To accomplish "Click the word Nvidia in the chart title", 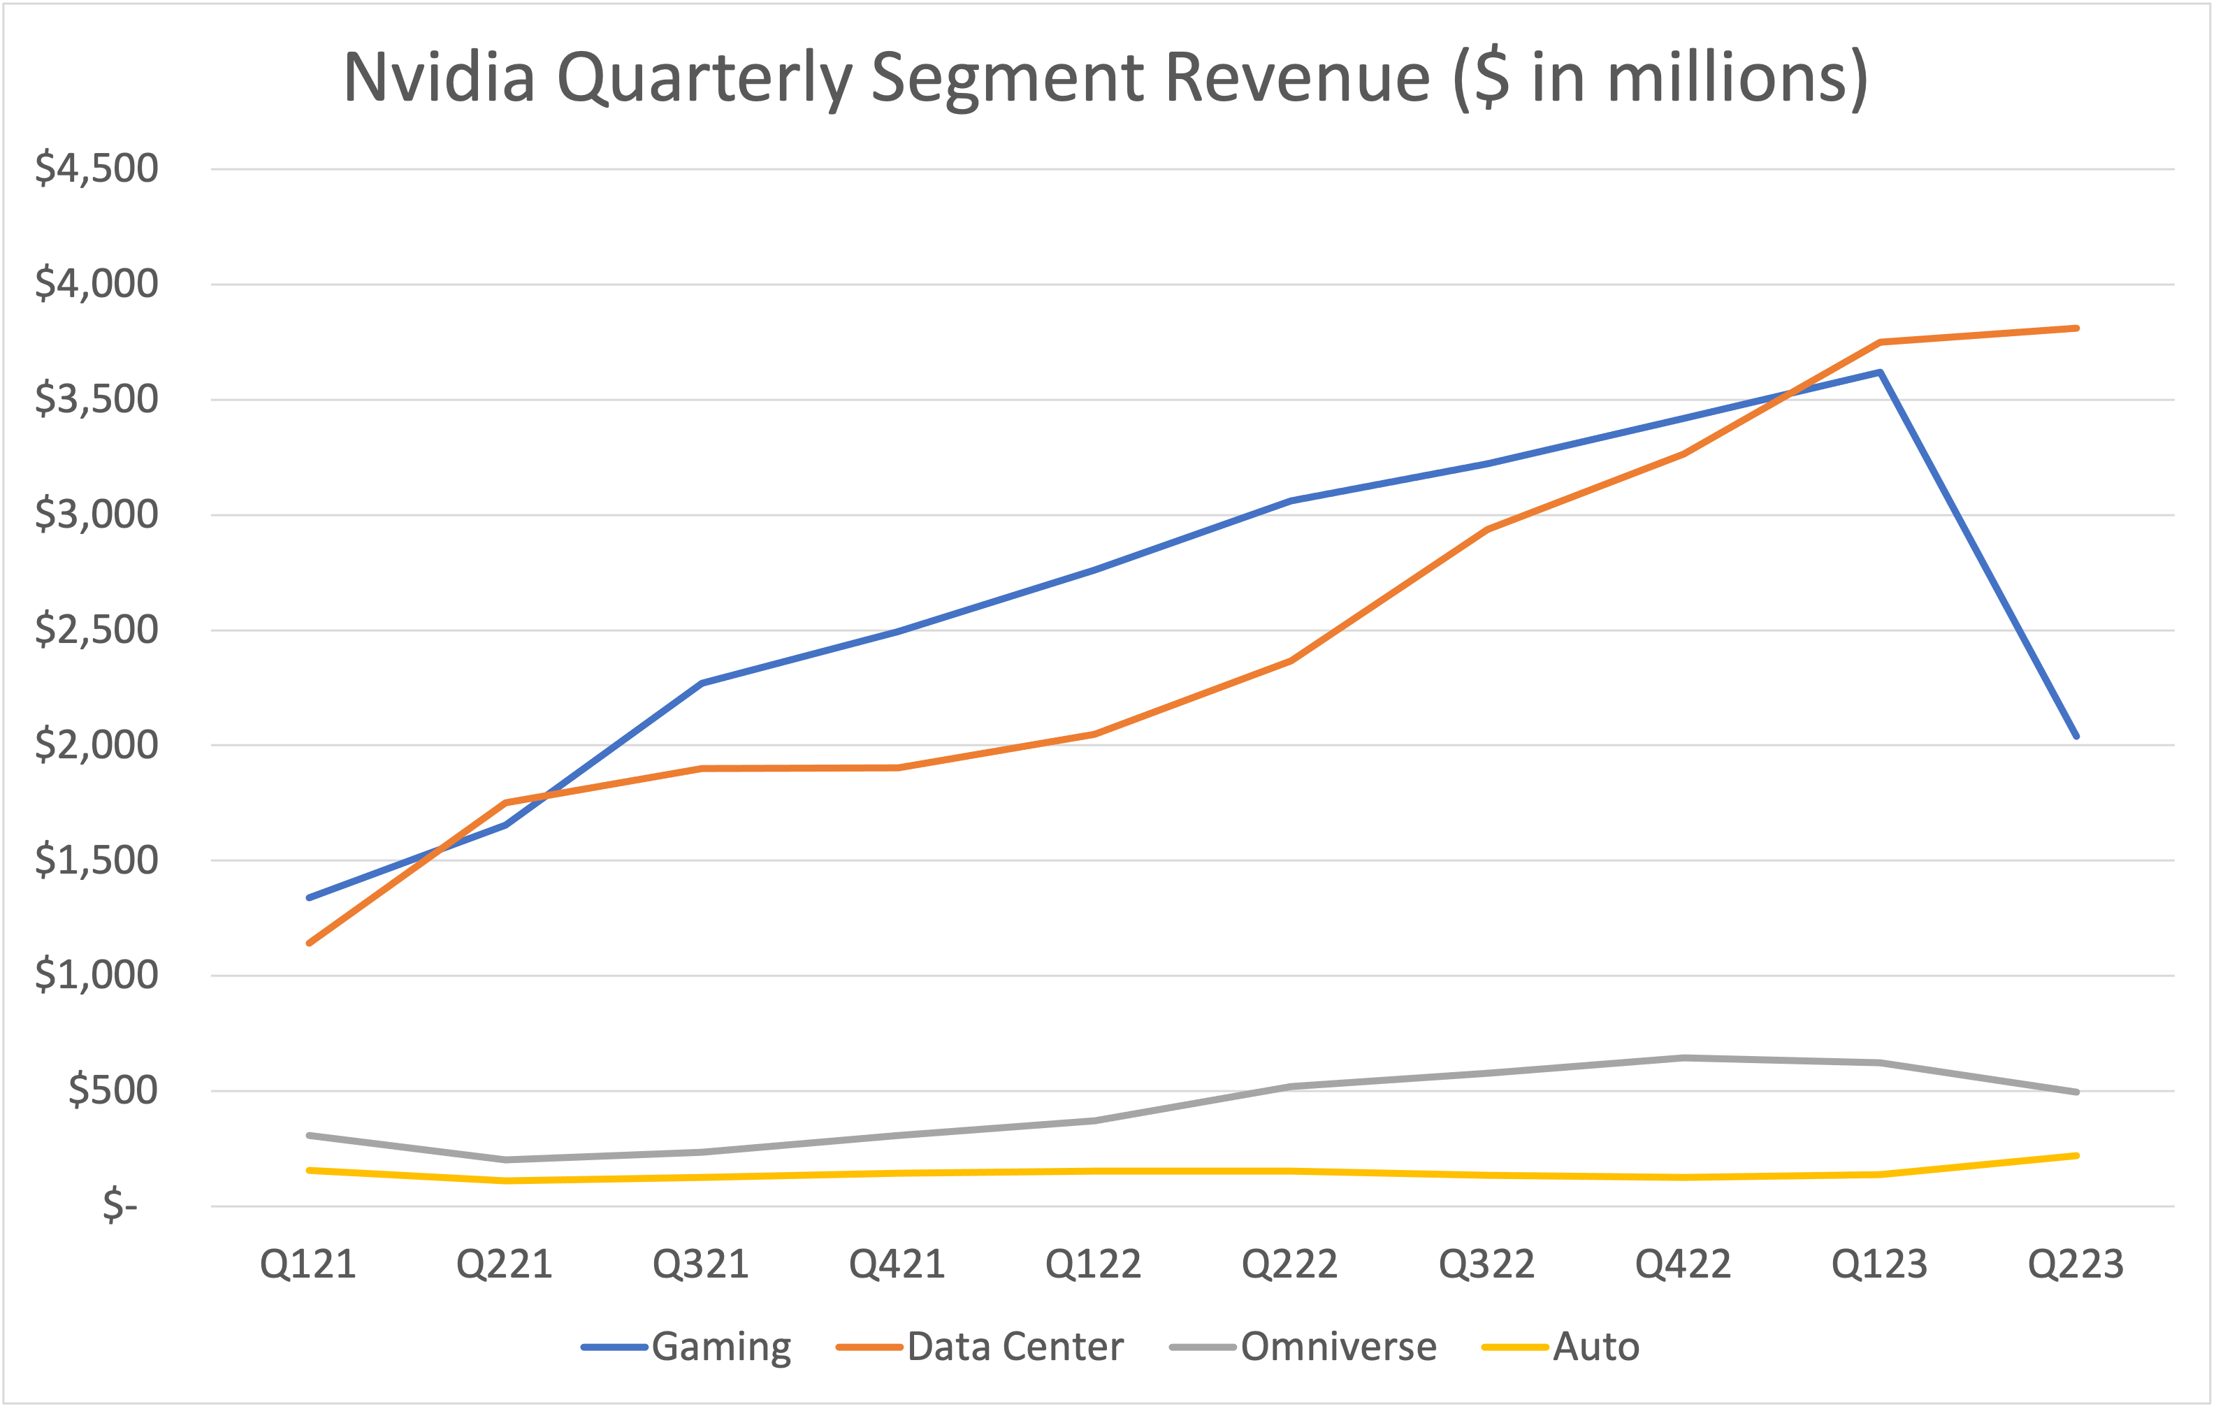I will [x=439, y=78].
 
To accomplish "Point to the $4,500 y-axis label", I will [x=96, y=168].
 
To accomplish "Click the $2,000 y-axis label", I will [x=96, y=744].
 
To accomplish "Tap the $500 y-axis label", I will [x=113, y=1090].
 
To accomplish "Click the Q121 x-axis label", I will [x=308, y=1264].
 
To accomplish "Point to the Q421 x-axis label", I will [x=897, y=1264].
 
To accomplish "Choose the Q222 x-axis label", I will [x=1289, y=1264].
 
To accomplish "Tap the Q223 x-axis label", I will [x=2076, y=1264].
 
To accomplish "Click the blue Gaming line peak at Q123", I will [x=1879, y=373].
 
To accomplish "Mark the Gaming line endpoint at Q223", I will [x=2076, y=736].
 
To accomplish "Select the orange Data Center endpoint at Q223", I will [x=2076, y=328].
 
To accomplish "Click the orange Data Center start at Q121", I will [x=309, y=942].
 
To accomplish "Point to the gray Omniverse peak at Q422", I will [x=1683, y=1057].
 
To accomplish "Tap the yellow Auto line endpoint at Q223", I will [x=2076, y=1156].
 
